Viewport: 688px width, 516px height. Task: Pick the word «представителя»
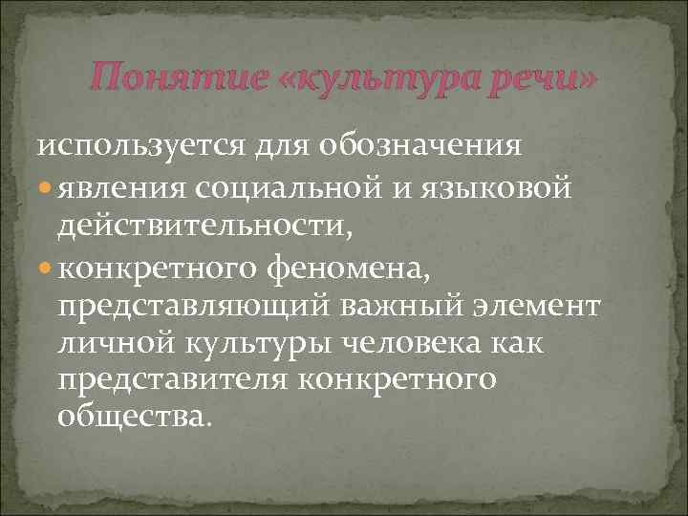[x=177, y=380]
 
